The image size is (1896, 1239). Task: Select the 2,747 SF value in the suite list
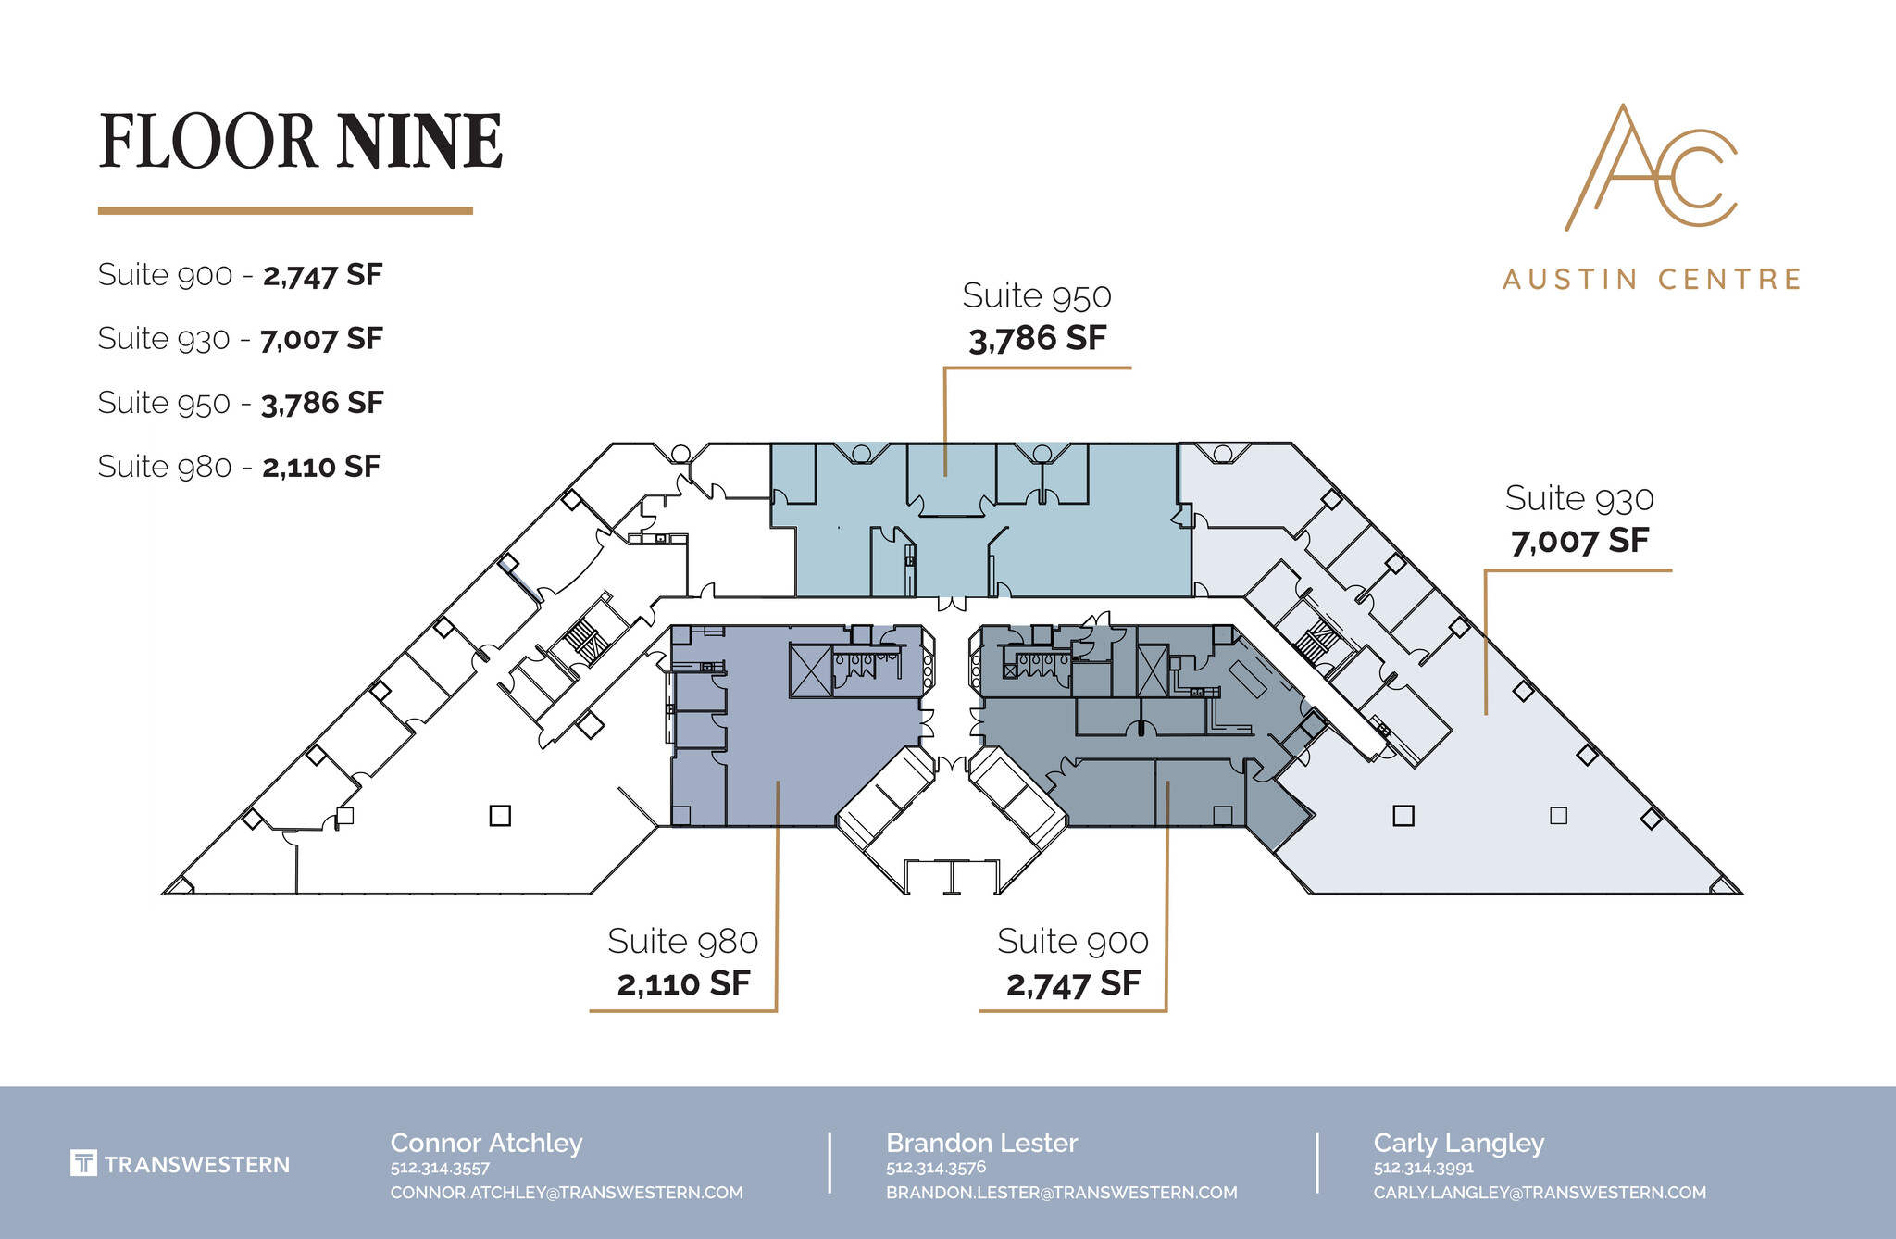(322, 275)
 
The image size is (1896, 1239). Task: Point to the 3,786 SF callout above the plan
(1037, 338)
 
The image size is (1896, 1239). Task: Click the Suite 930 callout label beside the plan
(1578, 499)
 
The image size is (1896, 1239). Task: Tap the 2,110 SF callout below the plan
(683, 983)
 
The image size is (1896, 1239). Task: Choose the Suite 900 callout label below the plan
(1072, 942)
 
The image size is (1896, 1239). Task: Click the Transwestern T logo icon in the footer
(83, 1163)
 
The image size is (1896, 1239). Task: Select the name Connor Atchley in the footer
(486, 1143)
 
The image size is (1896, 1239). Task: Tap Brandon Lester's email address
(1061, 1193)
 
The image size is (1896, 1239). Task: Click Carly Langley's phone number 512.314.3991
(1423, 1168)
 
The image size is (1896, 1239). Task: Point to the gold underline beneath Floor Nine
(285, 211)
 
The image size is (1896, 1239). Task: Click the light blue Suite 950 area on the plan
(1092, 556)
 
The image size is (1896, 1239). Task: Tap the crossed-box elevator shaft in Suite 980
(811, 670)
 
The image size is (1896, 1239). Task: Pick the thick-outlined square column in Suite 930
(1403, 816)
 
